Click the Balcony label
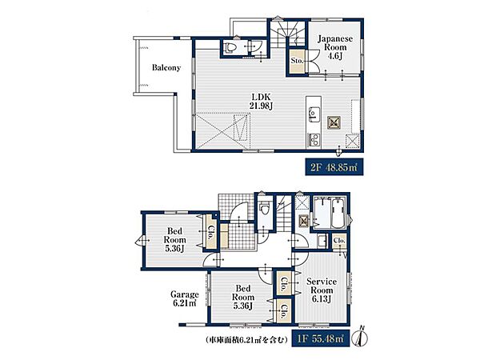point(166,68)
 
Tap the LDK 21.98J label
point(262,102)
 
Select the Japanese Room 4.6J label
point(335,47)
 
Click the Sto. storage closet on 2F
point(297,62)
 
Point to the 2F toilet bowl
point(230,47)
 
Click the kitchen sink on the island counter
point(313,114)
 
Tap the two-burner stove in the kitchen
point(314,140)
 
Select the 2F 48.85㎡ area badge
point(334,167)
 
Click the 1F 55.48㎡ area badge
point(320,338)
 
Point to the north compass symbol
point(361,337)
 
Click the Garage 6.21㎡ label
point(184,299)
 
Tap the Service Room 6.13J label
point(322,290)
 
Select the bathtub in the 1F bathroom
point(338,213)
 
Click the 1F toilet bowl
point(265,209)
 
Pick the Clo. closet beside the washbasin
point(339,241)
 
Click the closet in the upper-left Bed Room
point(210,231)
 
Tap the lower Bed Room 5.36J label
point(242,297)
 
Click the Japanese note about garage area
point(246,339)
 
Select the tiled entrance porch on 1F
point(236,207)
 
